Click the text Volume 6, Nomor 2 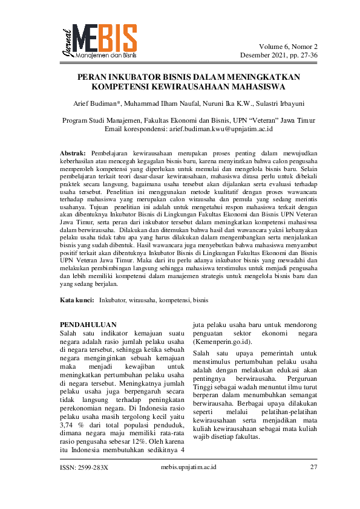[288, 47]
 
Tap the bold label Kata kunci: [78, 299]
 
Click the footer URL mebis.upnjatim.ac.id [189, 467]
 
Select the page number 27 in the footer [313, 467]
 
